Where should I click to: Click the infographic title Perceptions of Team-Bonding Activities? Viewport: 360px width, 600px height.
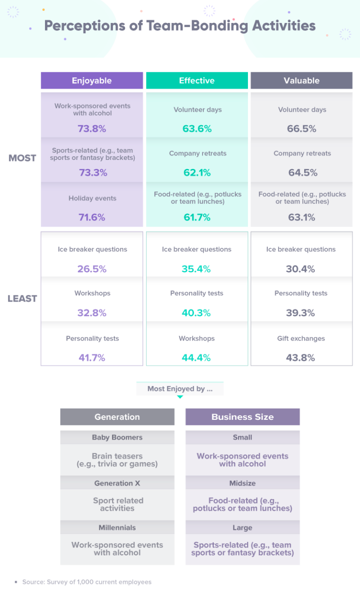click(x=180, y=25)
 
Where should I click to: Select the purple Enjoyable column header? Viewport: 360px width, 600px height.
click(x=92, y=81)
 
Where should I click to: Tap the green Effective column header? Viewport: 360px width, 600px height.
click(x=197, y=81)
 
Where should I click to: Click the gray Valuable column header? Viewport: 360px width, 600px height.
click(x=301, y=81)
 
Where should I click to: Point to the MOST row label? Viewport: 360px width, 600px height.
click(x=22, y=158)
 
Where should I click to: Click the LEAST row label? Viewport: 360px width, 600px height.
click(x=22, y=299)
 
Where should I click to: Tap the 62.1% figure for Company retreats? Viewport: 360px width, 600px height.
click(x=197, y=173)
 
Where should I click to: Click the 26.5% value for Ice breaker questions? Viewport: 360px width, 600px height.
click(x=92, y=269)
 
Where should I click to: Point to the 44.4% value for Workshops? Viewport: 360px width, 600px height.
click(x=197, y=358)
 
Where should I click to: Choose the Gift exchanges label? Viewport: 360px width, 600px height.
click(x=301, y=339)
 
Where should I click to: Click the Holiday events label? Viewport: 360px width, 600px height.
click(x=92, y=198)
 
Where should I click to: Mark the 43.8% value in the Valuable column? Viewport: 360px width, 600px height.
click(x=300, y=358)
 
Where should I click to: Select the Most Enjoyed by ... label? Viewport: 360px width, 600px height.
click(x=180, y=389)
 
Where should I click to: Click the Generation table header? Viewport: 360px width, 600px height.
click(x=117, y=417)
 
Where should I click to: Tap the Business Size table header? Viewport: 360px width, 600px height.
click(x=242, y=417)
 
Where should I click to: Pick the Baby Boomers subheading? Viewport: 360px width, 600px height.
click(x=117, y=438)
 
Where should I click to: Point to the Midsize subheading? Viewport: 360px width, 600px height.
click(x=242, y=483)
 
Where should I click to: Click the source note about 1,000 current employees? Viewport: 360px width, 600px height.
click(x=87, y=582)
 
